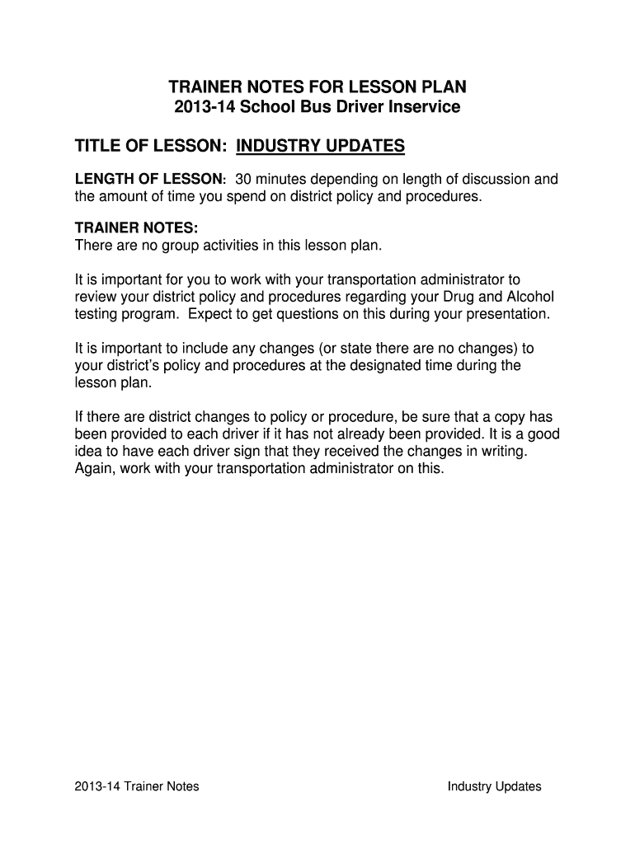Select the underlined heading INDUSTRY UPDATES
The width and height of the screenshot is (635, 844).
pyautogui.click(x=320, y=147)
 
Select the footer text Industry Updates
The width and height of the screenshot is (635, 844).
pyautogui.click(x=494, y=786)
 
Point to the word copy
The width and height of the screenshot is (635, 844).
pyautogui.click(x=506, y=417)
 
